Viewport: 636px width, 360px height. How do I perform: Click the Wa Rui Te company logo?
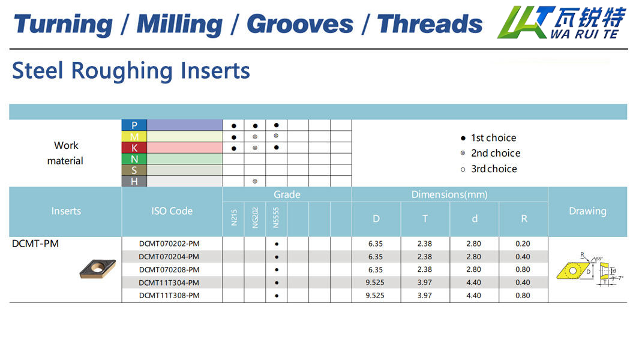point(562,22)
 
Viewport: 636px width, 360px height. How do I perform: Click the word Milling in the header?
point(179,24)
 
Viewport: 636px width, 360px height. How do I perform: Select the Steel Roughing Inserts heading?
point(131,71)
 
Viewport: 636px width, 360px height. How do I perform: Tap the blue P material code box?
point(134,125)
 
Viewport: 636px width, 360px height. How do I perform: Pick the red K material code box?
point(134,148)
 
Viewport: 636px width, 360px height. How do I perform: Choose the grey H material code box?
point(134,181)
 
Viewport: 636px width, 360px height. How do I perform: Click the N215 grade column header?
point(233,217)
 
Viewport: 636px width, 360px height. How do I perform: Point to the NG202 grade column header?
point(255,218)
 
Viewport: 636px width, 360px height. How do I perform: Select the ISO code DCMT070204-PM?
point(169,257)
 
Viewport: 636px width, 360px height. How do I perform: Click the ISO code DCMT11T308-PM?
point(169,296)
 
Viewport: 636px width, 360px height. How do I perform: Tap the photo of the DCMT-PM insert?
point(98,269)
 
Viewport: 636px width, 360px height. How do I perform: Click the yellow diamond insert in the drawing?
point(573,271)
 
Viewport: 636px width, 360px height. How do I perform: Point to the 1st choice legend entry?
point(488,138)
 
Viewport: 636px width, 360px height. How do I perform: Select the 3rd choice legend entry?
point(489,169)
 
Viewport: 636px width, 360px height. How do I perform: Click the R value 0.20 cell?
point(523,244)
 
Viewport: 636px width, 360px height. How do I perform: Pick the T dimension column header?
point(425,219)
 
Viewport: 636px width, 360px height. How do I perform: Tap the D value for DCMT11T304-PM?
point(375,283)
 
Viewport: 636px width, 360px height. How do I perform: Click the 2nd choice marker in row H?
point(255,181)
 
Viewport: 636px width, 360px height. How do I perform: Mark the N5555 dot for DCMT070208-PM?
point(277,269)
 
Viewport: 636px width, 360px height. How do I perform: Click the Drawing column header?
point(587,211)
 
